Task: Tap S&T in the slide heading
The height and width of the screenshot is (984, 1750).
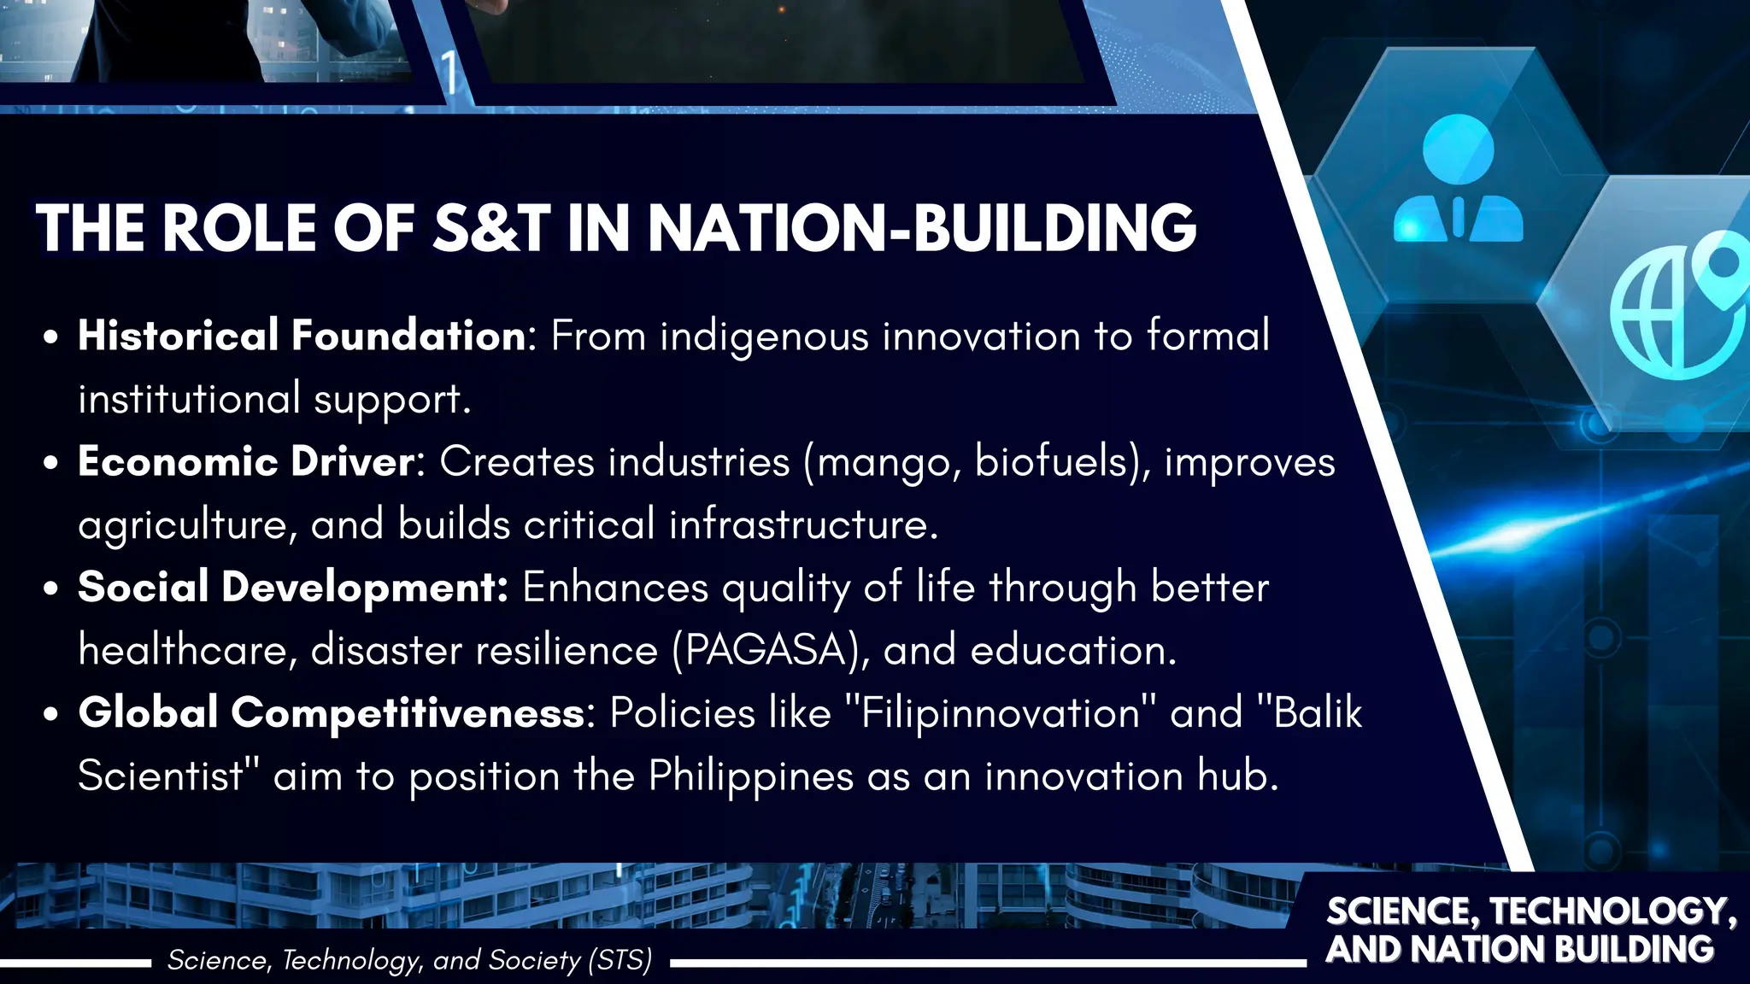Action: [x=491, y=229]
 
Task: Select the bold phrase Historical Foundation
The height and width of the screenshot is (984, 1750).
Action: [x=302, y=335]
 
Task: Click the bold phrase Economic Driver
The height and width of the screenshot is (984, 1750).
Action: [x=246, y=461]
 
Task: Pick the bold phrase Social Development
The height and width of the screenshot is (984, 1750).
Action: [x=292, y=588]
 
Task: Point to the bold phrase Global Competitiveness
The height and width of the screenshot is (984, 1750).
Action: [x=332, y=712]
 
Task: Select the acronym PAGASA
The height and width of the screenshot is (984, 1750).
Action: [x=766, y=651]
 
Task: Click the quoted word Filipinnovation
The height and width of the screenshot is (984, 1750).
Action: [x=1001, y=712]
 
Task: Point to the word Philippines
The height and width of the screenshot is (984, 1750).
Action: [x=751, y=776]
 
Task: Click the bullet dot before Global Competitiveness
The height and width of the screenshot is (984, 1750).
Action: [x=51, y=715]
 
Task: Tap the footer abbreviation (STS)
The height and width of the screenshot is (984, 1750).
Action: [x=620, y=960]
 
